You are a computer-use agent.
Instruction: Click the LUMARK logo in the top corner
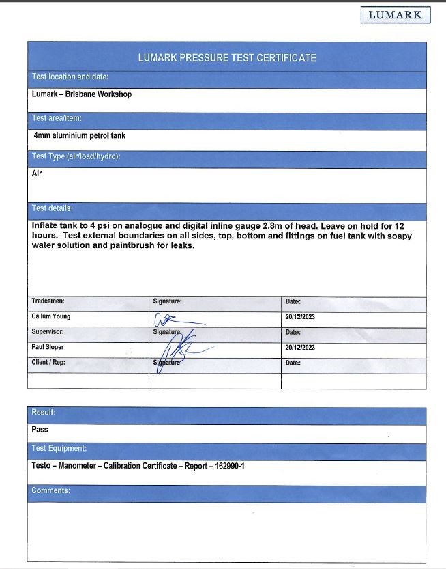coord(396,14)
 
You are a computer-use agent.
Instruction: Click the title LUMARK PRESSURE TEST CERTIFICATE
coord(226,58)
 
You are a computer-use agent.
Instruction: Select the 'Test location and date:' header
coord(70,77)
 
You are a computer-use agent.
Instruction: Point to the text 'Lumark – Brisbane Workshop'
coord(82,94)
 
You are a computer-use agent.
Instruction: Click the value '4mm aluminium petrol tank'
coord(80,135)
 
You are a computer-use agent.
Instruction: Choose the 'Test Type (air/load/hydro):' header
coord(76,156)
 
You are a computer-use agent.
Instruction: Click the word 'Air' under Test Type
coord(37,174)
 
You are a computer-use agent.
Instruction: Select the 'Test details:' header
coord(53,208)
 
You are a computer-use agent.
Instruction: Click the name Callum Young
coord(51,317)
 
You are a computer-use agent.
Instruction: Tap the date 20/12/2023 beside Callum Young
coord(300,317)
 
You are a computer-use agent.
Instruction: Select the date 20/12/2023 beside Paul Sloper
coord(300,347)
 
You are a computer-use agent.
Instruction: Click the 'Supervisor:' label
coord(48,332)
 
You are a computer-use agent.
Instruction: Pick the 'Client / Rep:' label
coord(48,362)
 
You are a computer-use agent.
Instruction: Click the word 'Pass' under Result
coord(40,430)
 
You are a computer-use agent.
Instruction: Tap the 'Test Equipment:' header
coord(59,449)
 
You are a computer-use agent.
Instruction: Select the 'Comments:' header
coord(51,490)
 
